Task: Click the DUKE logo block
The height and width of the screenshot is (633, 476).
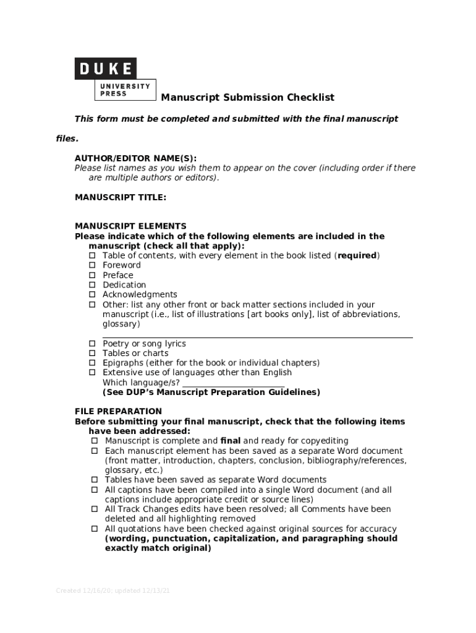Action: coord(106,69)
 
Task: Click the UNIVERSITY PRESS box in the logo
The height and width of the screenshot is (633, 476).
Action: coord(125,90)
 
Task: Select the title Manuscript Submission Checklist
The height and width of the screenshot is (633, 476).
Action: coord(247,98)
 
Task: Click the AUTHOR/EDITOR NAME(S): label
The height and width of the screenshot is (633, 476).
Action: coord(135,158)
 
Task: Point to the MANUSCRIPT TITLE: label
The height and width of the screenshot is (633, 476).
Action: coord(121,197)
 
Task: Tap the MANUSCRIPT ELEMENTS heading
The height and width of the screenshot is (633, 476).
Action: coord(130,226)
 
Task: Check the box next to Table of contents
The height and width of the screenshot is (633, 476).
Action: coord(92,255)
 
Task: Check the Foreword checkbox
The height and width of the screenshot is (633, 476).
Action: coord(92,265)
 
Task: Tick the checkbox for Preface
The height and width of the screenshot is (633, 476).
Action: coord(92,275)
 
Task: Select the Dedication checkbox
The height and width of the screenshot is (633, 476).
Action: coord(92,285)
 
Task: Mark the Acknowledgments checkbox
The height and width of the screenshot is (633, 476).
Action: coord(92,295)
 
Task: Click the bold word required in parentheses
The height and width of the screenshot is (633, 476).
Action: coord(357,255)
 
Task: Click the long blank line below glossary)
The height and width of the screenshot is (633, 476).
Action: coord(257,338)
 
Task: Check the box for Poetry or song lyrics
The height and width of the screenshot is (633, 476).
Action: coord(92,344)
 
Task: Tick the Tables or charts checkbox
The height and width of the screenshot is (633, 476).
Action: coord(92,354)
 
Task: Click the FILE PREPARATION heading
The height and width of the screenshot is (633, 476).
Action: coord(118,412)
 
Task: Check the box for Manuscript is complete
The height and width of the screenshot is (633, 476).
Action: coord(95,441)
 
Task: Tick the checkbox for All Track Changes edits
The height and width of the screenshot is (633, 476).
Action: coord(95,509)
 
